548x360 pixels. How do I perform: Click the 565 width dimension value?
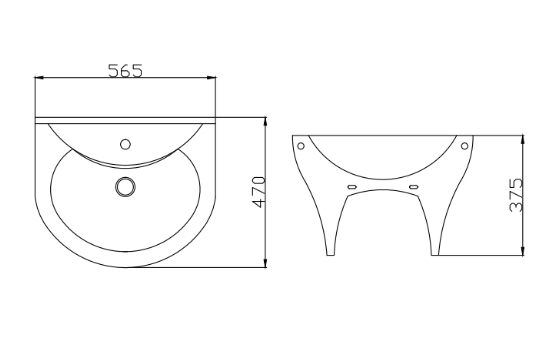pyautogui.click(x=126, y=70)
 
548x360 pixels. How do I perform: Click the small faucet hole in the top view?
pyautogui.click(x=126, y=143)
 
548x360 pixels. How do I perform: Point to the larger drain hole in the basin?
pyautogui.click(x=126, y=185)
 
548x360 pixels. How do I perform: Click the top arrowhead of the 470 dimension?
pyautogui.click(x=265, y=122)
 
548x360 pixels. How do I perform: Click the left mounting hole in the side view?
pyautogui.click(x=301, y=144)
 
